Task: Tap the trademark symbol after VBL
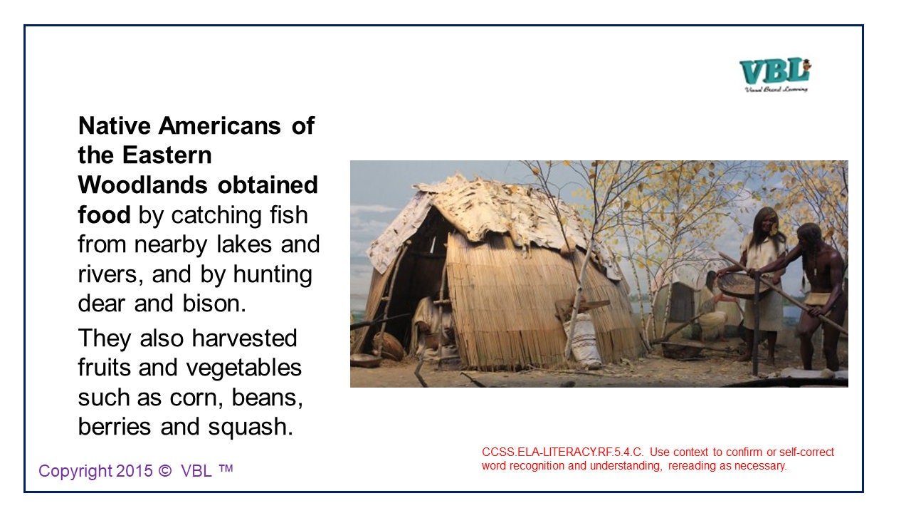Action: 226,470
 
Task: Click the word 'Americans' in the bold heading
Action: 221,126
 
